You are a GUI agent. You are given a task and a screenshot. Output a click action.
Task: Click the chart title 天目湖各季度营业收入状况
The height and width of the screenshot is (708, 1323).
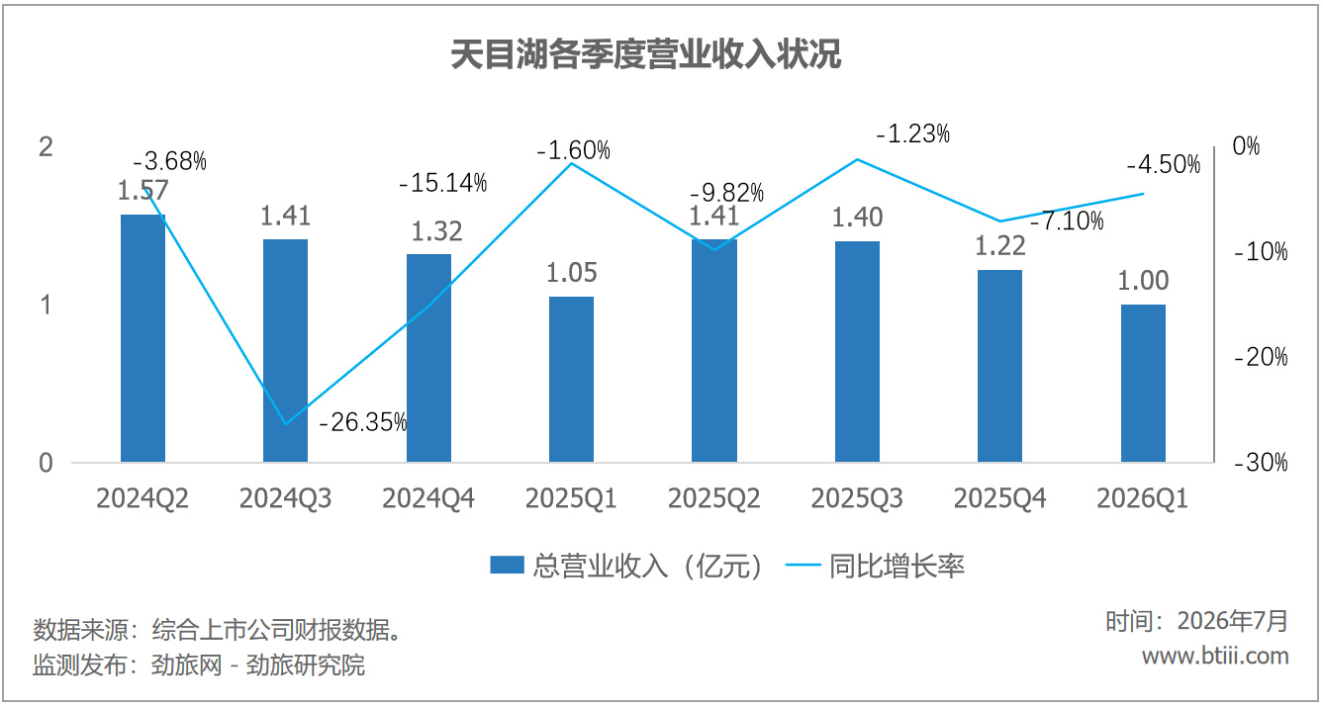(645, 54)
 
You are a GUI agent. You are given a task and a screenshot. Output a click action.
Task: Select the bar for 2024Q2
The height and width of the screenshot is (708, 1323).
(142, 338)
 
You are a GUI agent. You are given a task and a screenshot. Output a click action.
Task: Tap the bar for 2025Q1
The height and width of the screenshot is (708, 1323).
(571, 380)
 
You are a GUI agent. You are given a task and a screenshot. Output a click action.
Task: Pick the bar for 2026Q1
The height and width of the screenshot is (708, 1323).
(1143, 383)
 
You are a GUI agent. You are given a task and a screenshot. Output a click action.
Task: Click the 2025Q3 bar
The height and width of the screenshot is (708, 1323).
(857, 352)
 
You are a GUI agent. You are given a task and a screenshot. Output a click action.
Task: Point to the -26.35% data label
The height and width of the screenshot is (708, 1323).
(362, 422)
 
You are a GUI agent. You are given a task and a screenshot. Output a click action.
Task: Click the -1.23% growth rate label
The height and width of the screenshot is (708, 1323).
(913, 133)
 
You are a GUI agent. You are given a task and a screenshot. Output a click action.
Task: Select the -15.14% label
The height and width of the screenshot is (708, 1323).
(443, 183)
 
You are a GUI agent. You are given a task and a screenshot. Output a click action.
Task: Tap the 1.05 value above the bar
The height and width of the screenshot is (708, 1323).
(571, 273)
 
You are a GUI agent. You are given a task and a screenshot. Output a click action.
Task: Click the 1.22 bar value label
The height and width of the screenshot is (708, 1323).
(999, 246)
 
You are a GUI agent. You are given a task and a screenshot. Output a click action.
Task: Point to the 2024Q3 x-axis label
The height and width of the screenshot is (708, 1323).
(285, 498)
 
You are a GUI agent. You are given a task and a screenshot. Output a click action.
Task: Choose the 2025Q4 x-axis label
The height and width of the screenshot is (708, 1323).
(999, 498)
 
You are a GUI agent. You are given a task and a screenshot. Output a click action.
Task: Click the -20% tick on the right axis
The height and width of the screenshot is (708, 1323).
(1261, 357)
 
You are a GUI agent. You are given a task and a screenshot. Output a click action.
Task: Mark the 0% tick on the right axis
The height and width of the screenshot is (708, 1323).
(1246, 145)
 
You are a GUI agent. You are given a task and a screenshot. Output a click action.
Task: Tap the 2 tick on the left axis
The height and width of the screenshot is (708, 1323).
(47, 147)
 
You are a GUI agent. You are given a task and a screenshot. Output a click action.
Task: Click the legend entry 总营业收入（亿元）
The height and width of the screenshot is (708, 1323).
(627, 566)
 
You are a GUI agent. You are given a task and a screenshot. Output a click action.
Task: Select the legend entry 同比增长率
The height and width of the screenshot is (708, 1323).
(875, 566)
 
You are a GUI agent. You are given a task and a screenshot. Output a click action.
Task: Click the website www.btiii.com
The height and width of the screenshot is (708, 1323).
(1215, 656)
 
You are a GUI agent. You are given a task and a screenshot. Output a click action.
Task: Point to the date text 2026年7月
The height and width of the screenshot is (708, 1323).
(1233, 621)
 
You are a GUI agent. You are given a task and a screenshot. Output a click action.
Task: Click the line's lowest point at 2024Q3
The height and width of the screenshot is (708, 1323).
(286, 424)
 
